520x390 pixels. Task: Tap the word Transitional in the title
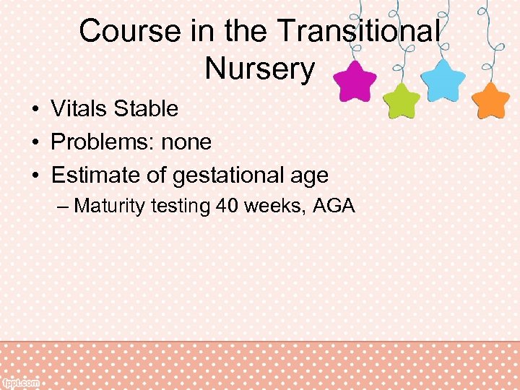point(358,32)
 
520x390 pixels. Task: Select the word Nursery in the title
point(260,69)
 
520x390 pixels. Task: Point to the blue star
point(443,80)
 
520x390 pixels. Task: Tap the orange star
point(492,101)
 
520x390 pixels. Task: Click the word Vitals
point(77,109)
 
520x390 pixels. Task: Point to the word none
point(186,142)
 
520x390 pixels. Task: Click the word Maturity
point(110,207)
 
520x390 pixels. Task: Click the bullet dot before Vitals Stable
point(35,110)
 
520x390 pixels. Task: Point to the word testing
point(181,207)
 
